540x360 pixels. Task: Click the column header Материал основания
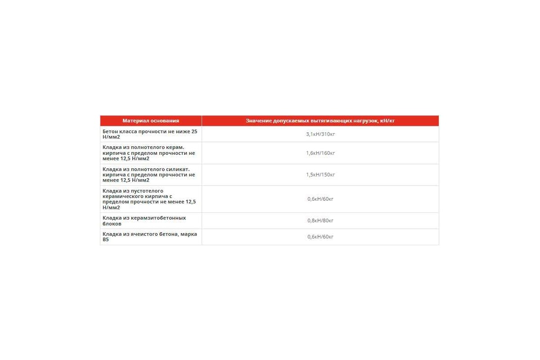[x=151, y=121]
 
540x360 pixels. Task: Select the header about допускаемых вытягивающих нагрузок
[x=320, y=121]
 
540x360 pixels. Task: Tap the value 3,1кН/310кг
[x=320, y=134]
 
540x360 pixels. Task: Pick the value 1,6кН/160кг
[x=320, y=153]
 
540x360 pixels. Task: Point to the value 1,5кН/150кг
[x=320, y=175]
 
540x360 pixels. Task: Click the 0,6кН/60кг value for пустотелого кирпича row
[x=320, y=199]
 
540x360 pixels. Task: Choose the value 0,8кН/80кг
[x=320, y=220]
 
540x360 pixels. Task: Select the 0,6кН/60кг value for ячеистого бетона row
[x=320, y=237]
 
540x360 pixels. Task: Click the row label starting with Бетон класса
[x=150, y=134]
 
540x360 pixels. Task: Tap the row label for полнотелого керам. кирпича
[x=148, y=153]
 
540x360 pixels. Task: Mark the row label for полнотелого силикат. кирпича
[x=148, y=175]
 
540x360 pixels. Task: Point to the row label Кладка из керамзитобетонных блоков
[x=144, y=220]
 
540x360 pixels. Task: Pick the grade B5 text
[x=106, y=240]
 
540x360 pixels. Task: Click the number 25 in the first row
[x=194, y=131]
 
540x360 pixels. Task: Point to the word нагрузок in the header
[x=366, y=121]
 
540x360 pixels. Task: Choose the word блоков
[x=112, y=224]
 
